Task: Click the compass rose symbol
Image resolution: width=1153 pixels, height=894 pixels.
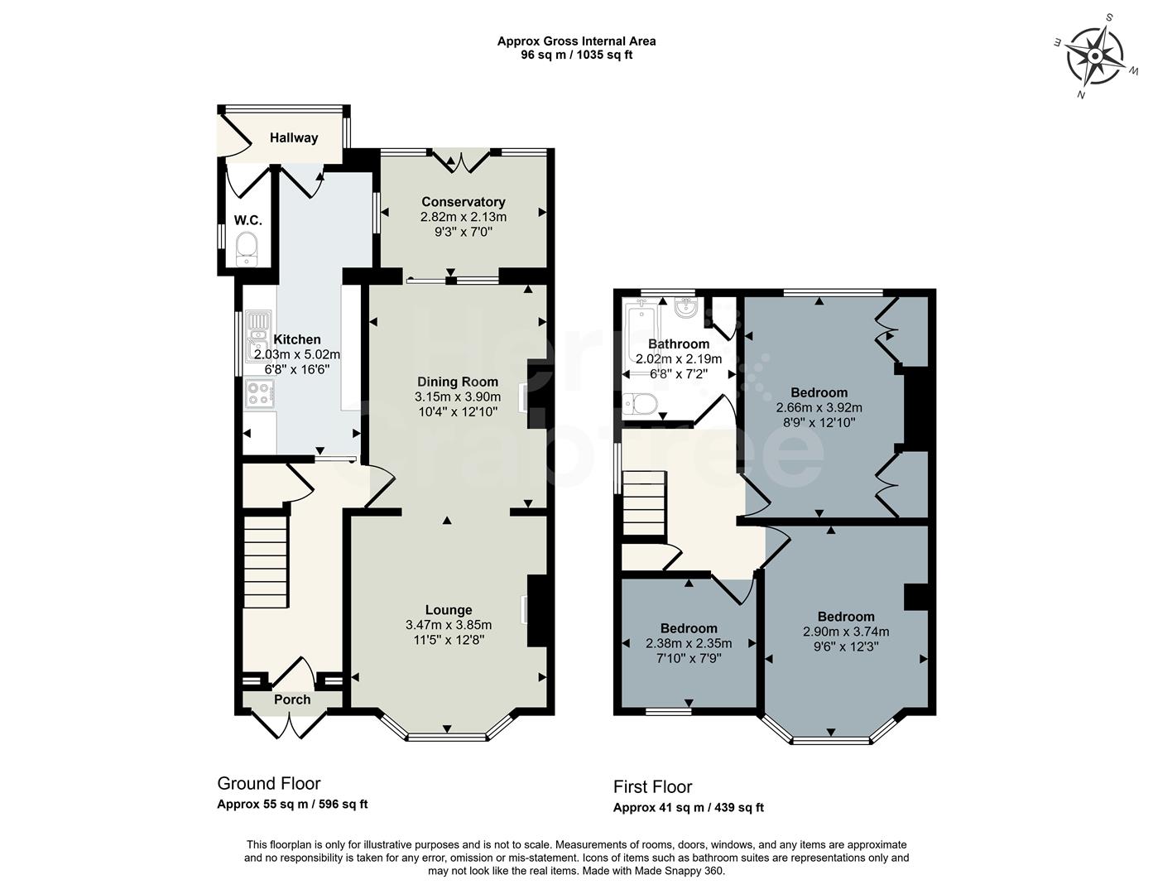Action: [x=1095, y=56]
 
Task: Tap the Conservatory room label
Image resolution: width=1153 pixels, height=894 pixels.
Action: [x=463, y=202]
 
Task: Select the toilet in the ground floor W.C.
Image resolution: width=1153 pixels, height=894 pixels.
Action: [x=247, y=249]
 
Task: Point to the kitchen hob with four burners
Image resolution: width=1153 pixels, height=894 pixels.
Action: [x=259, y=393]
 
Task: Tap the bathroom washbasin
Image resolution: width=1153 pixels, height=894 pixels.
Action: [x=686, y=310]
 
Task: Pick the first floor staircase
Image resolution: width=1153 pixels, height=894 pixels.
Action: [x=643, y=504]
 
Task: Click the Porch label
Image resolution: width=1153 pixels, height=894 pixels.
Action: [x=292, y=700]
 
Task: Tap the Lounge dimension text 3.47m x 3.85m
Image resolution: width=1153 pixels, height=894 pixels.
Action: [x=449, y=625]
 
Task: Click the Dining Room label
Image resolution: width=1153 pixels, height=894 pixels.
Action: [x=458, y=382]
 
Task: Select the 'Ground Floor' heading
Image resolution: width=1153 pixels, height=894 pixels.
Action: [x=268, y=783]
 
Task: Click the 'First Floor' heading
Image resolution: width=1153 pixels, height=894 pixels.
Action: [x=652, y=786]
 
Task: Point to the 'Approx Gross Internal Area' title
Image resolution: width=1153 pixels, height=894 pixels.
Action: [x=576, y=41]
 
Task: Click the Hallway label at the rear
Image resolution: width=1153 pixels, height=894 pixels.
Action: [x=294, y=138]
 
